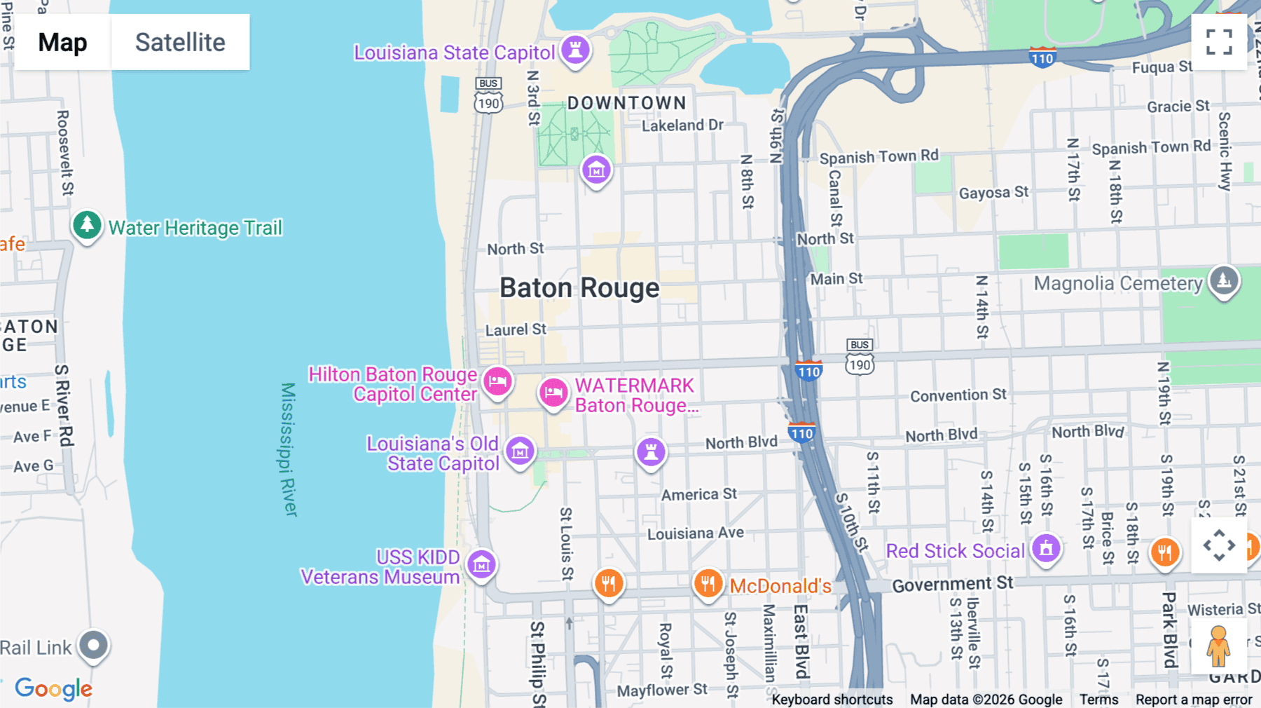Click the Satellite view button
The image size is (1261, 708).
pyautogui.click(x=180, y=42)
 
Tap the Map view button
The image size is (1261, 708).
pyautogui.click(x=62, y=42)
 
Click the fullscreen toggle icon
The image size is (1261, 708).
pyautogui.click(x=1219, y=42)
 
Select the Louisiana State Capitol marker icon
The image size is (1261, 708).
pyautogui.click(x=575, y=50)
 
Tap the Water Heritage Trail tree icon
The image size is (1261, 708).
pyautogui.click(x=87, y=225)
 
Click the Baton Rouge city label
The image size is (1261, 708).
pyautogui.click(x=579, y=288)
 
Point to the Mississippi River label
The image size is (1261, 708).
pyautogui.click(x=288, y=449)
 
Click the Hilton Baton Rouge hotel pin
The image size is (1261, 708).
pyautogui.click(x=497, y=382)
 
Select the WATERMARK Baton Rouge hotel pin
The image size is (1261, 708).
pyautogui.click(x=553, y=393)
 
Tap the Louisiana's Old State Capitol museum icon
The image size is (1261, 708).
pyautogui.click(x=520, y=451)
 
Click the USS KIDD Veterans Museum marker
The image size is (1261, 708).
pyautogui.click(x=481, y=564)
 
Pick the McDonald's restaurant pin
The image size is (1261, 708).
pyautogui.click(x=708, y=583)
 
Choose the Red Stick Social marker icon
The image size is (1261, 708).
pyautogui.click(x=1046, y=549)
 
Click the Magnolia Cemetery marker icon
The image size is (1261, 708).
pyautogui.click(x=1224, y=280)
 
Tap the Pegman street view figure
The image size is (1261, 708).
pyautogui.click(x=1218, y=646)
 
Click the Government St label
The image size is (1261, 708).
pyautogui.click(x=952, y=584)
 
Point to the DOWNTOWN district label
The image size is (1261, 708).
pyautogui.click(x=626, y=103)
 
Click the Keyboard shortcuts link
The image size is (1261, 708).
pyautogui.click(x=832, y=700)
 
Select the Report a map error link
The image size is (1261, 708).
pyautogui.click(x=1193, y=700)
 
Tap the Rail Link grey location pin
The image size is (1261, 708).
pyautogui.click(x=93, y=645)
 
